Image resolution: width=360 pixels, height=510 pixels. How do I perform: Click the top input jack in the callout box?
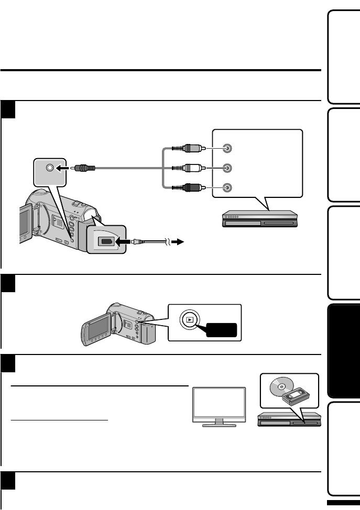click(226, 148)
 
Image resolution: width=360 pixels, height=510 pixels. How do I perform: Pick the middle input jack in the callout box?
click(226, 168)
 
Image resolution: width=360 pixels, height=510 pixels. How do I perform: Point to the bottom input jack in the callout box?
click(226, 187)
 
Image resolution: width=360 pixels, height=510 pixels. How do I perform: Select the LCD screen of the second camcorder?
click(97, 331)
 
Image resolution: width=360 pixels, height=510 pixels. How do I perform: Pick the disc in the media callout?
click(280, 387)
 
